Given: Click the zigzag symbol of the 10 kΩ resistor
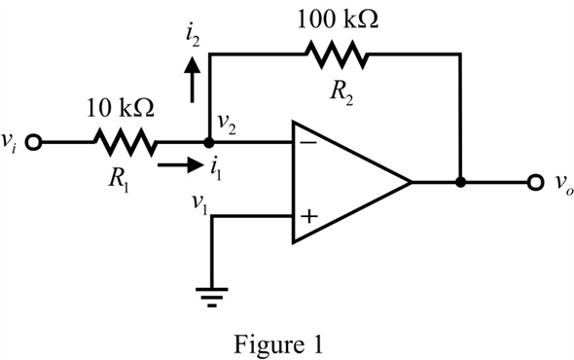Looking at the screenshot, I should [124, 143].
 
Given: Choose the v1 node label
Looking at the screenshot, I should [198, 205].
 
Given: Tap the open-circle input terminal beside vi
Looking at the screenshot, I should [35, 143].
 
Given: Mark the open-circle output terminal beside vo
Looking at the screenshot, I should [533, 182].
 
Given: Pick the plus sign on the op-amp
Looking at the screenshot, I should [308, 218].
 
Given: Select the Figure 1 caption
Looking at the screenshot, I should [285, 342].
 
